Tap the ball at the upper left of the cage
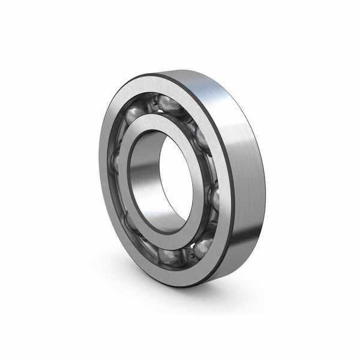(x=133, y=113)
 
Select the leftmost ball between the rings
(x=115, y=161)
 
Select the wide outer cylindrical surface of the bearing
(x=246, y=180)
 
